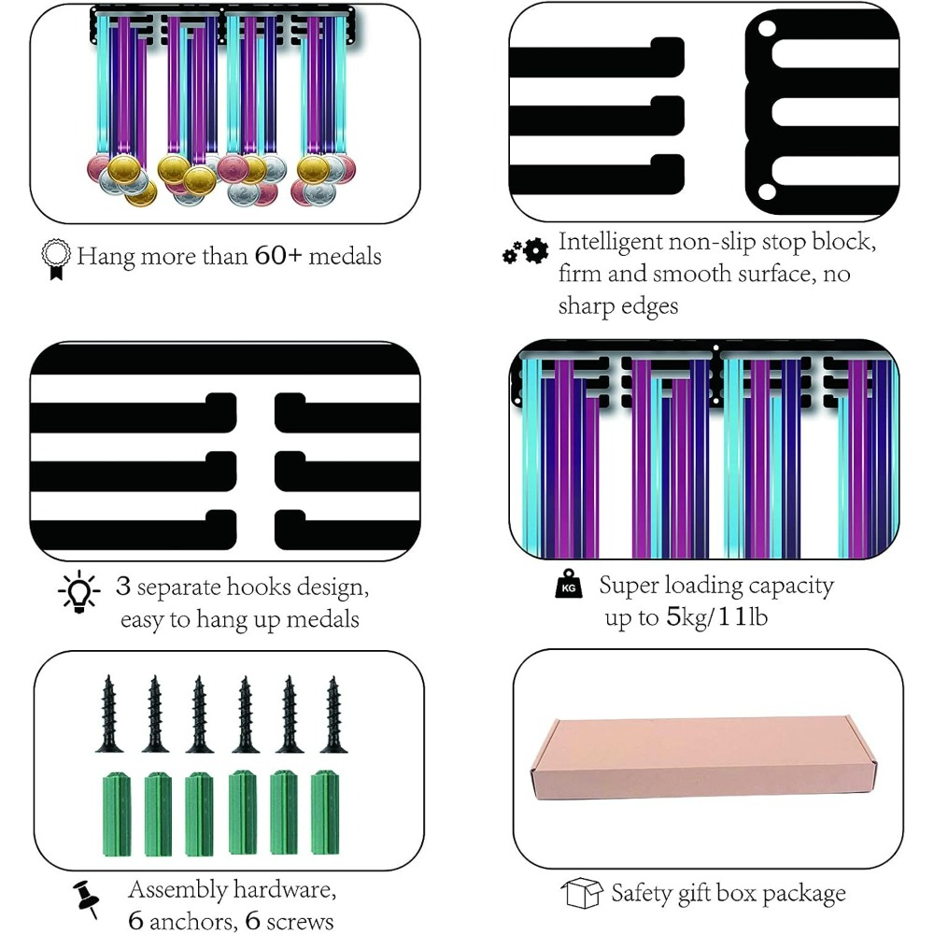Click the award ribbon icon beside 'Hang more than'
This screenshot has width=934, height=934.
56,259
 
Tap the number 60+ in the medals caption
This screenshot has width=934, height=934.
278,256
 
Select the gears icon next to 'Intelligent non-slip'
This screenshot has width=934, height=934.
525,251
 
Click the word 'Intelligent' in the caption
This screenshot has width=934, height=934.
610,243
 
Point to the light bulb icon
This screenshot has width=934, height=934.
79,592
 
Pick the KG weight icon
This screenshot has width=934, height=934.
569,585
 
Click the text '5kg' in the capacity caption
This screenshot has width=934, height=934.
686,617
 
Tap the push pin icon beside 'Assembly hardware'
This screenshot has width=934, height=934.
86,899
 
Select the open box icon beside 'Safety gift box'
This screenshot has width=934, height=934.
582,893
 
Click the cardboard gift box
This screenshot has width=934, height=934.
703,758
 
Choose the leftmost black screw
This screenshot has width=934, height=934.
109,714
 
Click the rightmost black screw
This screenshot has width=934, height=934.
333,715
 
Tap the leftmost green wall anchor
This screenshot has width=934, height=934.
117,814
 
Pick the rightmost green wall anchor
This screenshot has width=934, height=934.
325,813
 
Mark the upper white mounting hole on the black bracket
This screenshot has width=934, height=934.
767,28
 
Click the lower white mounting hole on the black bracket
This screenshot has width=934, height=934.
767,191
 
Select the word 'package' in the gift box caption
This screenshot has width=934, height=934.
804,894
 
